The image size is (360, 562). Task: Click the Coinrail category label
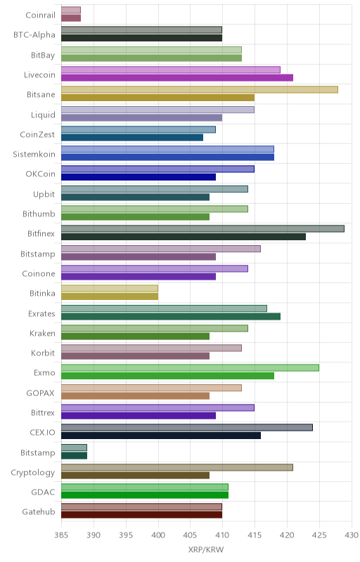[41, 15]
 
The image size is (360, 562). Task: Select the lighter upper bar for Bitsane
[200, 90]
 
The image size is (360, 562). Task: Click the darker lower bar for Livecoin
[177, 78]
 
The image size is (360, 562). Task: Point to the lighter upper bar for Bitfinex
[202, 229]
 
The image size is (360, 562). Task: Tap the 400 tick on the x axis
[158, 535]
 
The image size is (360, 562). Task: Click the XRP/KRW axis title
[206, 549]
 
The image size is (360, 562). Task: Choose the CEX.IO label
[43, 433]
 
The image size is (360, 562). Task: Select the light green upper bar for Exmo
[190, 367]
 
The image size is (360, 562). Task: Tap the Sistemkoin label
[34, 154]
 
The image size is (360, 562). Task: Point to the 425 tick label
[319, 535]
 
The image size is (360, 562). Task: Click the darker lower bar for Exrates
[171, 317]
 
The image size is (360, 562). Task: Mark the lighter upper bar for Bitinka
[110, 289]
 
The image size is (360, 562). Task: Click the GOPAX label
[41, 393]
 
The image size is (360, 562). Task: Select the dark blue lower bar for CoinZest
[132, 137]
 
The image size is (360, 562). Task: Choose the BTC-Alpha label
[34, 34]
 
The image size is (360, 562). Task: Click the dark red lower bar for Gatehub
[141, 515]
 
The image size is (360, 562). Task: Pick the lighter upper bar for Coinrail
[71, 10]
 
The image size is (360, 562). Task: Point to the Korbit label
[43, 353]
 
